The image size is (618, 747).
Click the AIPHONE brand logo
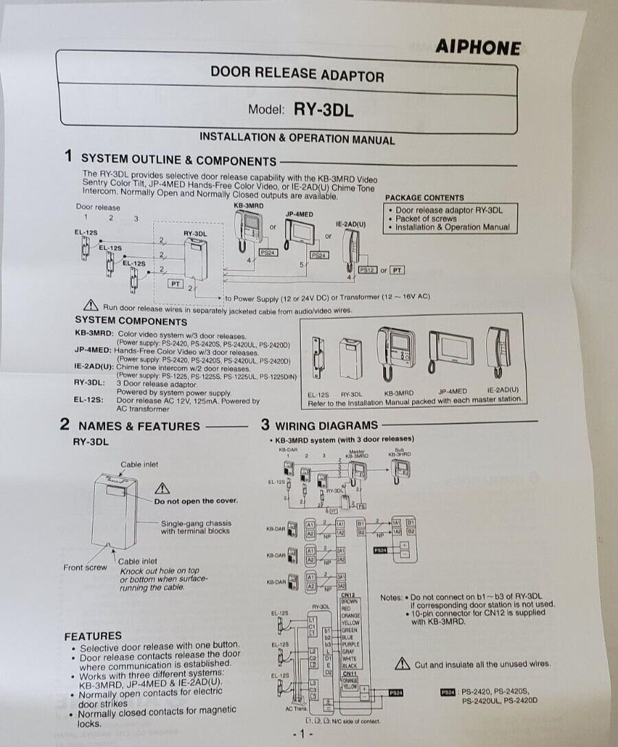point(477,47)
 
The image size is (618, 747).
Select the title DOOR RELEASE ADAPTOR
point(297,74)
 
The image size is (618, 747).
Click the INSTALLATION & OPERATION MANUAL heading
point(297,138)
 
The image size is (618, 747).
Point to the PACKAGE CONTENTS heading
point(424,198)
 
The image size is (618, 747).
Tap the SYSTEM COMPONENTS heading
point(130,321)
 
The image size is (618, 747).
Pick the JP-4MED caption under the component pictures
point(452,393)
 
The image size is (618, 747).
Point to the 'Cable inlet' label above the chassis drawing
point(139,464)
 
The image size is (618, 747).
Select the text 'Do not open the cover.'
point(196,501)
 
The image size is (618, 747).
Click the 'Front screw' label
point(85,567)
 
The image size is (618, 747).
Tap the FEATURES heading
point(93,636)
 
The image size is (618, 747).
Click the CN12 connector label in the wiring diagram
point(347,595)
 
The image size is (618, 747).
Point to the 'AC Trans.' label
point(297,709)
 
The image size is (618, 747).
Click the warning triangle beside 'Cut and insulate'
point(402,664)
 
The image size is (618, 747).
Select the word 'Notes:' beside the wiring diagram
point(391,597)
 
